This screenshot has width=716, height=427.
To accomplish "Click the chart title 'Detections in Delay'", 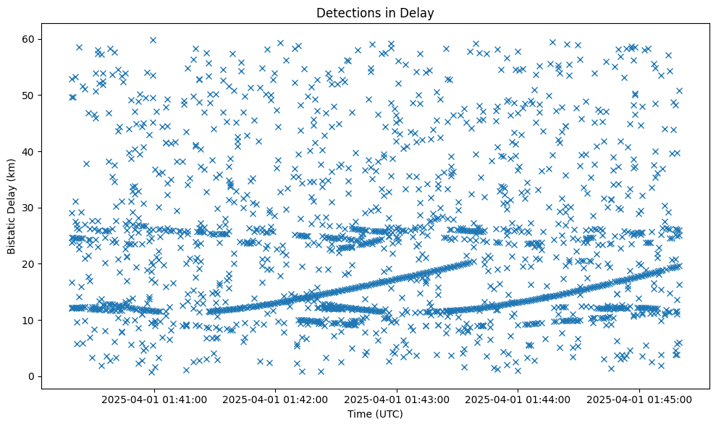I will point(375,12).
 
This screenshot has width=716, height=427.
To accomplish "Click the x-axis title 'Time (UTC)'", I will point(375,415).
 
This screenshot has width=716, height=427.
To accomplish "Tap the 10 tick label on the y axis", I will point(30,320).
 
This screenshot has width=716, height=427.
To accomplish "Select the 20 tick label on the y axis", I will point(30,264).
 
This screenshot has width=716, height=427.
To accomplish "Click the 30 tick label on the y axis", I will point(30,208).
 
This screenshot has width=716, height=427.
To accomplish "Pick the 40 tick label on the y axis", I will point(30,151).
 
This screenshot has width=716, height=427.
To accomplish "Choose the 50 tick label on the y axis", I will point(30,96).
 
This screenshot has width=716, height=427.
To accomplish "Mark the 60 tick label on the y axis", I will point(30,39).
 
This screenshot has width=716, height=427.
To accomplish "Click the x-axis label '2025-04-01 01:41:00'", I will point(154,399).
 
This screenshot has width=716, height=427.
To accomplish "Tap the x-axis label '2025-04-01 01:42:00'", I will point(276,399).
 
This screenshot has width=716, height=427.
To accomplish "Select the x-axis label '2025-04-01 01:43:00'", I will point(397,399).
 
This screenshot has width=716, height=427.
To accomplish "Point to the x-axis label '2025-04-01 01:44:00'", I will point(518,399).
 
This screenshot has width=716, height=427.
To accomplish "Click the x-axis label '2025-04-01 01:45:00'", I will point(639,399).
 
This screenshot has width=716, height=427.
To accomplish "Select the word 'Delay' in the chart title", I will point(420,12).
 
